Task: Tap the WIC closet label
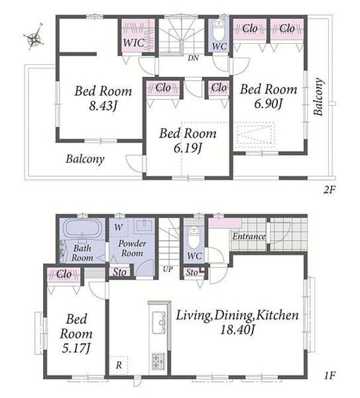[x=134, y=42]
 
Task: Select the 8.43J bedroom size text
[x=103, y=105]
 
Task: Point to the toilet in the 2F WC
[x=218, y=30]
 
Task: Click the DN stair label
[x=193, y=58]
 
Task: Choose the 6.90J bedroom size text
[x=269, y=103]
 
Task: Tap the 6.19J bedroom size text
[x=188, y=148]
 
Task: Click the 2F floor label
[x=330, y=190]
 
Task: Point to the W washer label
[x=119, y=227]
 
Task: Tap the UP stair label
[x=167, y=269]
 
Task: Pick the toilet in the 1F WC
[x=194, y=238]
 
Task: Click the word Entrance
[x=249, y=237]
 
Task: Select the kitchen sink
[x=159, y=322]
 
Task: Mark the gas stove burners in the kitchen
[x=158, y=361]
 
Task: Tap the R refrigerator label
[x=119, y=365]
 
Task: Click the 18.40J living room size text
[x=237, y=330]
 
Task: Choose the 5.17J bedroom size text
[x=76, y=348]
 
